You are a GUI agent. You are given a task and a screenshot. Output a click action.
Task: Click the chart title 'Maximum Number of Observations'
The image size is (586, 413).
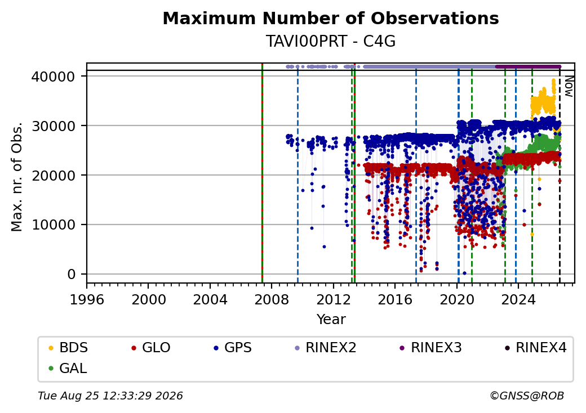tap(331, 18)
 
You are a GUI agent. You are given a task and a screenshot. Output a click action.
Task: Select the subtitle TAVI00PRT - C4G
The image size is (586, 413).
tap(331, 41)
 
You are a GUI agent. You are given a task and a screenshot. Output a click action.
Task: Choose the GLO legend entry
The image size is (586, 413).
tap(151, 348)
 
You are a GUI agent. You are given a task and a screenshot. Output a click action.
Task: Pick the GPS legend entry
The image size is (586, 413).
tap(233, 348)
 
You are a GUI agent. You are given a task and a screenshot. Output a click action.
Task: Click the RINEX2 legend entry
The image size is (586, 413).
tap(326, 348)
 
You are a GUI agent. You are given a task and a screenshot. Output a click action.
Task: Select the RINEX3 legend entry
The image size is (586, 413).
tap(430, 348)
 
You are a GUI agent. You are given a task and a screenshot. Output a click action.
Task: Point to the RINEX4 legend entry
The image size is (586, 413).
tap(535, 348)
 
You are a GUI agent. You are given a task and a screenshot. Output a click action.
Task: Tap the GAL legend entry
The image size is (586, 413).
tap(68, 368)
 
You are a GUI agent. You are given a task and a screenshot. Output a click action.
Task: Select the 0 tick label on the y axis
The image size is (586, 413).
tap(72, 275)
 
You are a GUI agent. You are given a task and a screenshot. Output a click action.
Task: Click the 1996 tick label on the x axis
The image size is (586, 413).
tap(87, 299)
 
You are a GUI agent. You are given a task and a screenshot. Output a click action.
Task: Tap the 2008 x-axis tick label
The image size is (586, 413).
tap(272, 299)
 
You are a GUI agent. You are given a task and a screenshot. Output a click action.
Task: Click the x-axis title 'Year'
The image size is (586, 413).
tap(331, 320)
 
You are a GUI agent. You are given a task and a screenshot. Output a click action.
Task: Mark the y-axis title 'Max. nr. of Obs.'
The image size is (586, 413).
tap(17, 177)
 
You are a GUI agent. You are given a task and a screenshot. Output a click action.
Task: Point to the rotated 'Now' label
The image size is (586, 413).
tap(569, 86)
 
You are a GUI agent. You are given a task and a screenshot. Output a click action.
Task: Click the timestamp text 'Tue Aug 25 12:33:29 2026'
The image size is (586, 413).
tap(110, 396)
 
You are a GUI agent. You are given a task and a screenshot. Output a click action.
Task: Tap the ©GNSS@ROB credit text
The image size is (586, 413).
tap(527, 396)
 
